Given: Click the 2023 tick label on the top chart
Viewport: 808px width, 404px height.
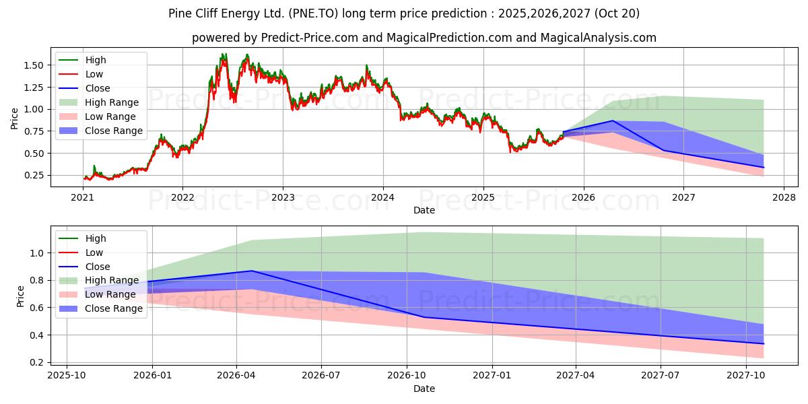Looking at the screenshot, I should pos(283,198).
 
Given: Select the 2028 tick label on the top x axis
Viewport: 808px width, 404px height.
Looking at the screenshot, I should pos(784,198).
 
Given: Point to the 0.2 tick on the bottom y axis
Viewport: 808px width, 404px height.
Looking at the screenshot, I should pos(37,362).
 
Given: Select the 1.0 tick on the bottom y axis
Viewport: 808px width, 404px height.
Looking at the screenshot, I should pos(37,253).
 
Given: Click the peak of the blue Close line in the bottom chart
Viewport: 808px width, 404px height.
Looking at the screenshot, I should pos(252,271).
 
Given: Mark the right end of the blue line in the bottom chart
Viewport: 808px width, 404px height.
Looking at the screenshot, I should pos(764,343).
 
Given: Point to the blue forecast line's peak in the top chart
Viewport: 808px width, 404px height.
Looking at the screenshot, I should pos(613,121).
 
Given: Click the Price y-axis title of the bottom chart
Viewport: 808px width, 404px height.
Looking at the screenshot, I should pos(20,296).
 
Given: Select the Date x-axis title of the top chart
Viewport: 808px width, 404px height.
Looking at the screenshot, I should pos(424,211).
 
